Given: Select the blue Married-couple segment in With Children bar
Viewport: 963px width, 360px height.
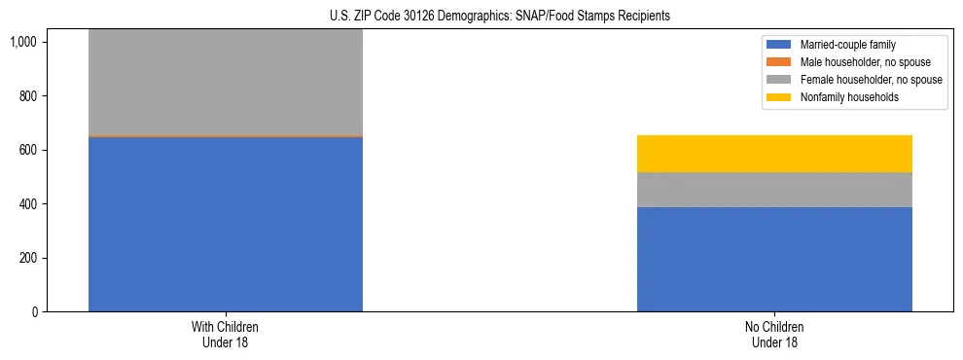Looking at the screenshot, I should [226, 224].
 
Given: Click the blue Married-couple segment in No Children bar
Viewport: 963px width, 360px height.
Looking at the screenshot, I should [774, 259].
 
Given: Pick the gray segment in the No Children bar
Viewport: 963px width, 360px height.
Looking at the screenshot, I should [774, 190].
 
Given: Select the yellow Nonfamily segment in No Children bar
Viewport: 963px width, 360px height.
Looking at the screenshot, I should [774, 154].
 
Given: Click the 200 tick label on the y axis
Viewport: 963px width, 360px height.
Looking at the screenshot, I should [32, 258].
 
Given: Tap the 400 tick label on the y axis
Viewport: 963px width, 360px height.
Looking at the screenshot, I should [32, 204].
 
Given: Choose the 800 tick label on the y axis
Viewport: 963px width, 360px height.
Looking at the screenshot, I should [32, 96].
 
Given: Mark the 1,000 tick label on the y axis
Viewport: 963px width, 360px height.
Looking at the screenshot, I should [28, 43].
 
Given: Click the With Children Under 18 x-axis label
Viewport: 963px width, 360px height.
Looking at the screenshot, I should [226, 335].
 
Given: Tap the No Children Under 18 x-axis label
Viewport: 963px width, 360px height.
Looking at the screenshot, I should [774, 335].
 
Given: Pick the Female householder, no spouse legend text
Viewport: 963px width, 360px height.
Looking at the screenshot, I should [871, 80].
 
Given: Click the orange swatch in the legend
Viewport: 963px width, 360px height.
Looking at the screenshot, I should [779, 62].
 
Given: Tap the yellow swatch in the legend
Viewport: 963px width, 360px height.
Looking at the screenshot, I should [779, 97].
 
